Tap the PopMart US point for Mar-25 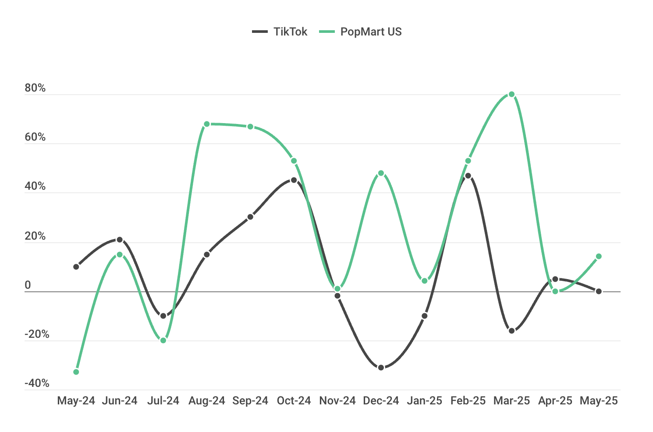click(x=511, y=94)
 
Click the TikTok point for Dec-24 click(x=381, y=367)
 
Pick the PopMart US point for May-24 click(x=76, y=372)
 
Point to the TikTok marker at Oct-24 click(x=294, y=180)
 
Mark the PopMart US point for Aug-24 click(x=207, y=124)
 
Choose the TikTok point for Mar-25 click(x=511, y=331)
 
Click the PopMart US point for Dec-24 click(x=381, y=173)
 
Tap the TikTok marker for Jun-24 click(x=120, y=240)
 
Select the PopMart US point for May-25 click(x=599, y=256)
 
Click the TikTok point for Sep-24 click(x=250, y=217)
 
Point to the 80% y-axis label click(x=35, y=88)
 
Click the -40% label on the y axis click(x=37, y=383)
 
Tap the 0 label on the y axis click(x=28, y=285)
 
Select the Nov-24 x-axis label click(x=337, y=401)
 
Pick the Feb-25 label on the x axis click(x=468, y=401)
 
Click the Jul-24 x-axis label click(x=163, y=401)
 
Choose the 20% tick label click(x=35, y=236)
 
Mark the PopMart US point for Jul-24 click(x=163, y=340)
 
